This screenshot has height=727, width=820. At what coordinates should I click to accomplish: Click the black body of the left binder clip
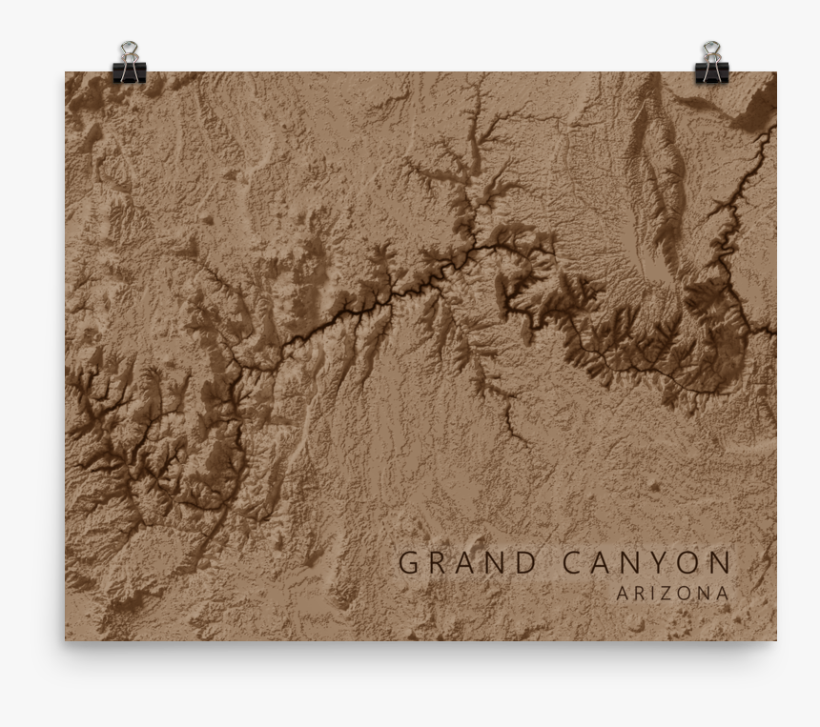point(129,72)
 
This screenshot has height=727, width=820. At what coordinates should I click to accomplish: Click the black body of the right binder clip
point(711,72)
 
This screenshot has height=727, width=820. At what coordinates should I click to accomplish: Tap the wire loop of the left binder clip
point(129,50)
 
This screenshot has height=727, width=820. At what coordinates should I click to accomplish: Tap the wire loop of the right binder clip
point(711,50)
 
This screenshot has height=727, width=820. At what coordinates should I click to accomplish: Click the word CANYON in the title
point(646,562)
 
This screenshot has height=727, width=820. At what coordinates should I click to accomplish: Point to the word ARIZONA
point(673,593)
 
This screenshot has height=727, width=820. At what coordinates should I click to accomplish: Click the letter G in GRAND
point(409,562)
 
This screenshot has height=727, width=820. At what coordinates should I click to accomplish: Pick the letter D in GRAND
point(525,562)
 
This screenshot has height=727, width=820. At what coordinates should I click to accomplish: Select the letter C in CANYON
point(574,562)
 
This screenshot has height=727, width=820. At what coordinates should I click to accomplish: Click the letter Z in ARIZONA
point(672,593)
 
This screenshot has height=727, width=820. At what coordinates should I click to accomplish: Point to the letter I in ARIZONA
point(657,593)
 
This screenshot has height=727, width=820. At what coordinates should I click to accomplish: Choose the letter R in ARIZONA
point(641,593)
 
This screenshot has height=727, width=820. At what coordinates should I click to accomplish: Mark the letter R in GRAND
point(438,562)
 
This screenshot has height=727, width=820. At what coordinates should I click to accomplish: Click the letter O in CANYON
point(691,562)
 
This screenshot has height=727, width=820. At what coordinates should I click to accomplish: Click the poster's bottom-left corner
point(66,639)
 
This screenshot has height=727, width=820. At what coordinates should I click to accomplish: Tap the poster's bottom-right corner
point(775,639)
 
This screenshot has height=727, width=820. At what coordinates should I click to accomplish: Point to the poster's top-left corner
point(66,73)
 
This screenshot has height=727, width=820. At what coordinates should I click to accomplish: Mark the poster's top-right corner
point(775,73)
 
